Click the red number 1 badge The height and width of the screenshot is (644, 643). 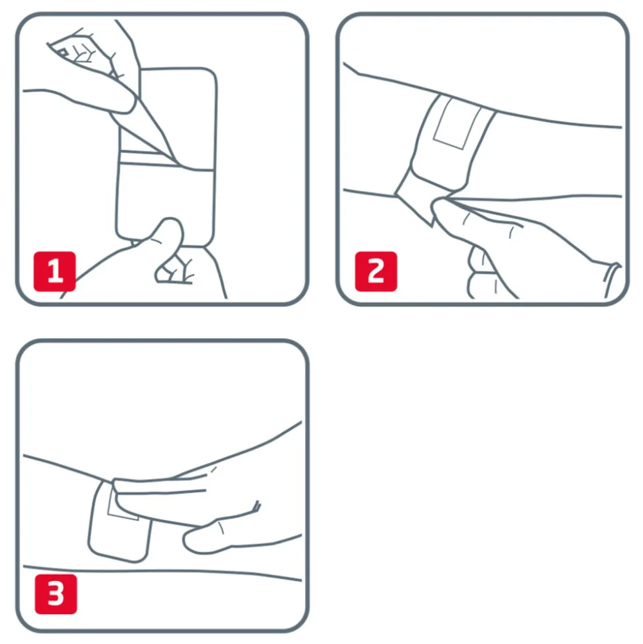coord(54,271)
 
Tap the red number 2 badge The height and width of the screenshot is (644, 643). coord(376,271)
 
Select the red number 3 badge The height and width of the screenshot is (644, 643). coord(56,594)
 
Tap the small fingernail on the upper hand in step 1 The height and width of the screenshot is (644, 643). coord(63,52)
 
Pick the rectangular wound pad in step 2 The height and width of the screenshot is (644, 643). coord(457,123)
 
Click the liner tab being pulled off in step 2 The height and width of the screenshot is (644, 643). coord(415,197)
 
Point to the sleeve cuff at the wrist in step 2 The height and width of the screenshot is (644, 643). coord(613,279)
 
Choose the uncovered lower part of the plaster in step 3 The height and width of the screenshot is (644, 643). coord(119,538)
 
